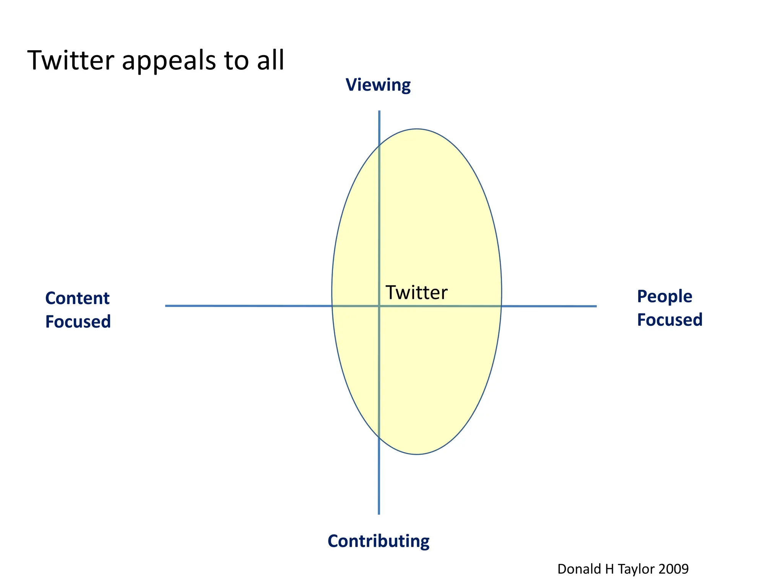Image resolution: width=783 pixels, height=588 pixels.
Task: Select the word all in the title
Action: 271,60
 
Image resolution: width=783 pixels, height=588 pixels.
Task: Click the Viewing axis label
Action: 378,85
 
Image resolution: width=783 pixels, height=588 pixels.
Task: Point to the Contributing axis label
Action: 378,541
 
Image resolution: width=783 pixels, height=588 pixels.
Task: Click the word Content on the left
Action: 77,298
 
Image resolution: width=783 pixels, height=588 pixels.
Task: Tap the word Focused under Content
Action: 78,322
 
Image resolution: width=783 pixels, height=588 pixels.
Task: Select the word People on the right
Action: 664,296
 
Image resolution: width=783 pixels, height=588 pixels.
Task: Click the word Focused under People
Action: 669,320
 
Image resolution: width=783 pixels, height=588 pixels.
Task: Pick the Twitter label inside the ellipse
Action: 416,292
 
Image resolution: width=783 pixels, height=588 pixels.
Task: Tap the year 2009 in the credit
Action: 673,569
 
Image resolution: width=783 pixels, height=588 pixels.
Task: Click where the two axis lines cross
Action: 379,306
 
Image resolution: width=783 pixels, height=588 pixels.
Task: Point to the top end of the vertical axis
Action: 379,111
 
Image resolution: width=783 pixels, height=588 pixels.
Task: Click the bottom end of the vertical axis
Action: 379,514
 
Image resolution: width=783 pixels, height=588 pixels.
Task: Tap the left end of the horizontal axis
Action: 166,305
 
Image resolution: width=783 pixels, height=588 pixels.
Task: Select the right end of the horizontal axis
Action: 596,306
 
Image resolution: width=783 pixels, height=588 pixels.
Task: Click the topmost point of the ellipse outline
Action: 417,129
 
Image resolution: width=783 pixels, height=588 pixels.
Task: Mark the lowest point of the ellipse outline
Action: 417,454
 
